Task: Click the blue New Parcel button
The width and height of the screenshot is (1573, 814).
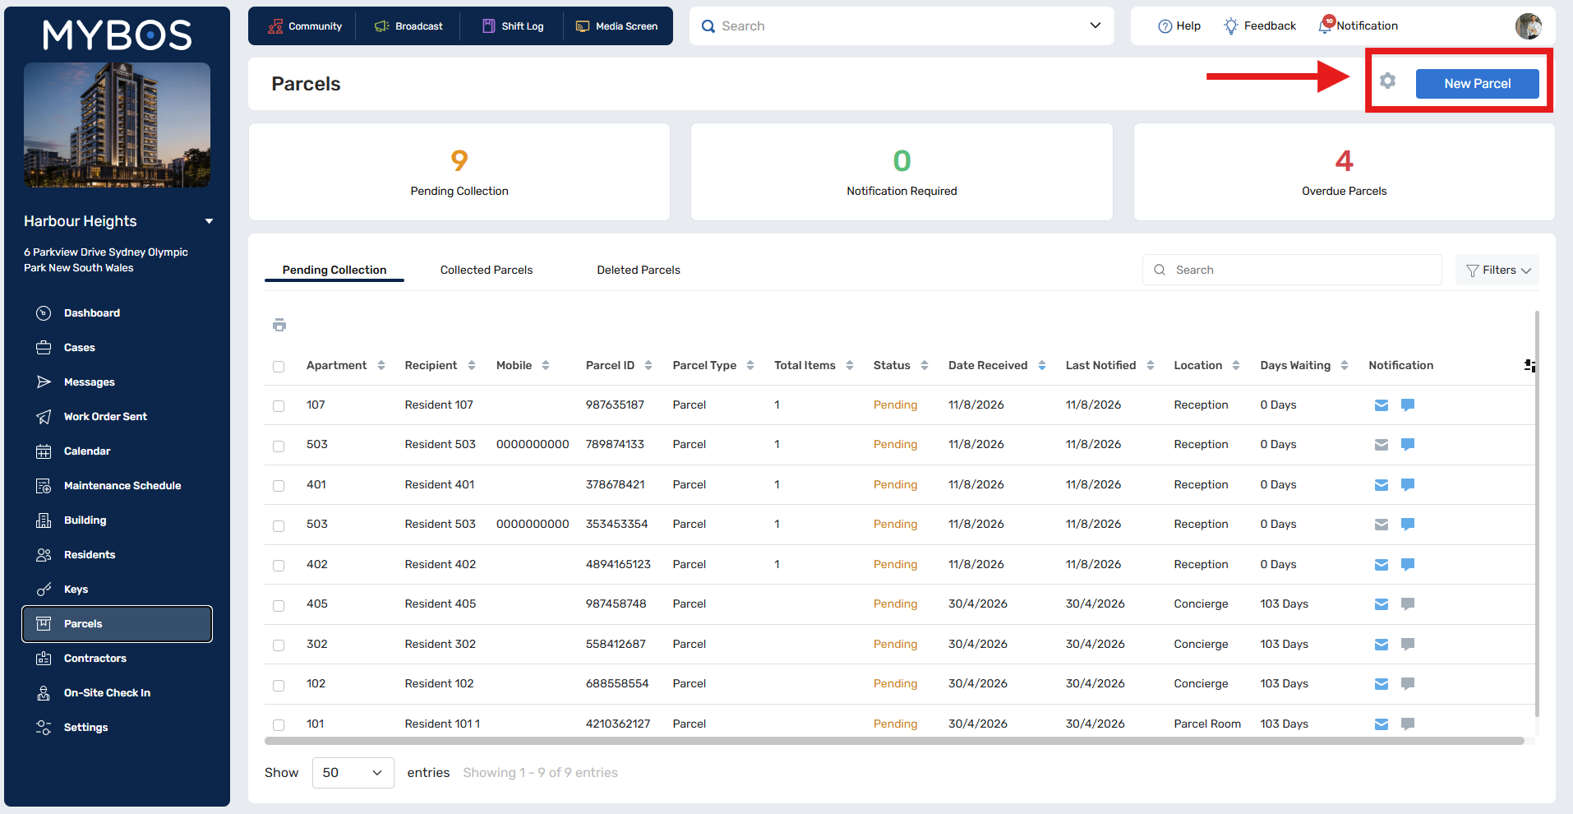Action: coord(1477,84)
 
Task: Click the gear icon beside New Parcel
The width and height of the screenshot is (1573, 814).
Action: coord(1387,81)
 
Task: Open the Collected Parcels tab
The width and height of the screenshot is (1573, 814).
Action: coord(487,270)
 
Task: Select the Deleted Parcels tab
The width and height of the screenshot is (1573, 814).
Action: coord(639,270)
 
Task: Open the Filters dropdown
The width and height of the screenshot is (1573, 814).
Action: coord(1497,270)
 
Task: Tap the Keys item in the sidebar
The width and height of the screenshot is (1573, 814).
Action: coord(76,590)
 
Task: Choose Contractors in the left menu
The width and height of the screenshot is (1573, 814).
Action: coord(95,659)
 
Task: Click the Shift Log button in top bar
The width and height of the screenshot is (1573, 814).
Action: coord(513,26)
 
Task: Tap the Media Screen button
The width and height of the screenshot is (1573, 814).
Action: coord(616,26)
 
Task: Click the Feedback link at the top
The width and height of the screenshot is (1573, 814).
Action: coord(1260,26)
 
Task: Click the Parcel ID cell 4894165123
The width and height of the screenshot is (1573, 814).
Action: coord(618,564)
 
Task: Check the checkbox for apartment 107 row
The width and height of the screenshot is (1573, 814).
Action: coord(279,406)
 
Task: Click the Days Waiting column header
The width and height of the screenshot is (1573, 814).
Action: coord(1295,365)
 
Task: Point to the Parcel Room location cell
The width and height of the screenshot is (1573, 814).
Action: coord(1207,724)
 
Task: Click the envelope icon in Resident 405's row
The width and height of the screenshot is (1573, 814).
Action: coord(1382,604)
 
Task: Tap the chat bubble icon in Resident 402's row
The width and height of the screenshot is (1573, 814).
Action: coord(1408,564)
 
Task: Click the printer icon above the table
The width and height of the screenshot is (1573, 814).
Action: coord(279,325)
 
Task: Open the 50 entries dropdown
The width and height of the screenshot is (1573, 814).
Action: coord(353,773)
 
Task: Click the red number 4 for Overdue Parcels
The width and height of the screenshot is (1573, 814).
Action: coord(1345,160)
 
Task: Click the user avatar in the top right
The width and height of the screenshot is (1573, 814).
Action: coord(1529,26)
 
